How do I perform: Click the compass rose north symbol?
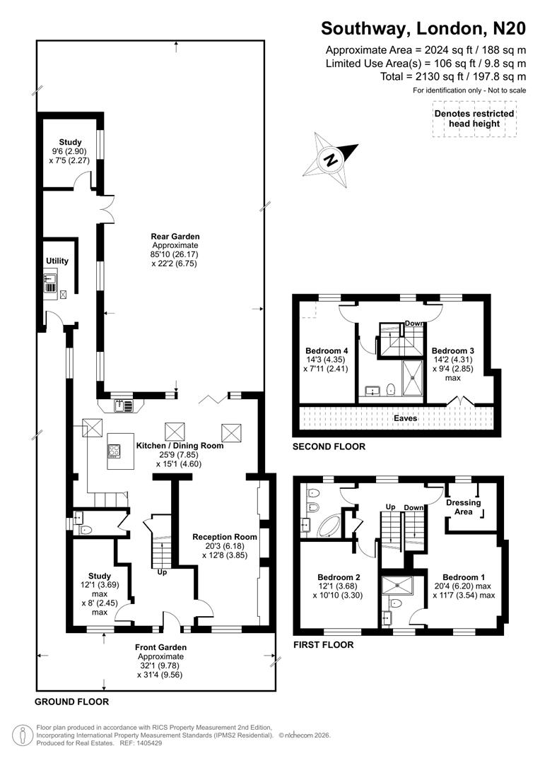(x=329, y=160)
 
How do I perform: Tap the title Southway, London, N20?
(x=423, y=28)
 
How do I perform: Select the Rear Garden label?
(x=175, y=237)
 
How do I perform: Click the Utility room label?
(x=57, y=261)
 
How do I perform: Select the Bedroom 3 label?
(x=452, y=351)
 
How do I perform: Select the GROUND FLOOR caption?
(x=72, y=702)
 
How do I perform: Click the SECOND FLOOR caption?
(x=329, y=446)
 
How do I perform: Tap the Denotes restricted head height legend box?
(x=474, y=119)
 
